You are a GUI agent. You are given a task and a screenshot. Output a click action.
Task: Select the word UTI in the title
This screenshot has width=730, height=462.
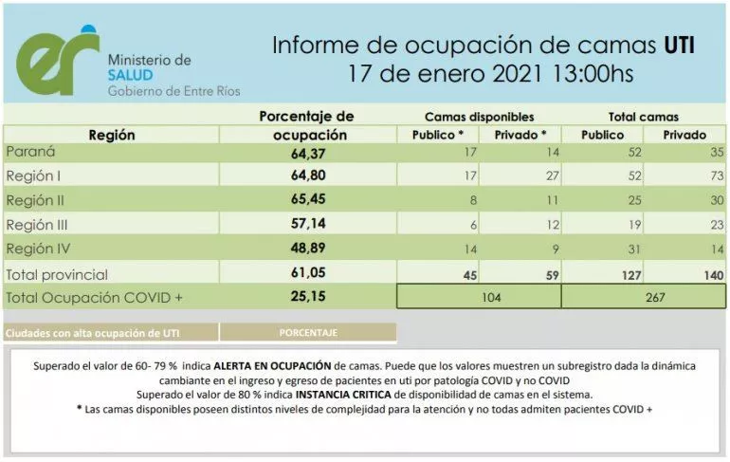[679, 44]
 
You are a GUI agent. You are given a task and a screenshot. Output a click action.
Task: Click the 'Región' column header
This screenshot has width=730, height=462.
[111, 135]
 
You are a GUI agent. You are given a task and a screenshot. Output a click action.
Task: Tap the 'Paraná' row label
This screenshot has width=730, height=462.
[30, 151]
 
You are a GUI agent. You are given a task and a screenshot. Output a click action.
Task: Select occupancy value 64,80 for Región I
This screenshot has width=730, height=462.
[307, 176]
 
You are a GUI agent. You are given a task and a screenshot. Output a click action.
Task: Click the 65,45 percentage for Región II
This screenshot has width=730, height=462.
[307, 200]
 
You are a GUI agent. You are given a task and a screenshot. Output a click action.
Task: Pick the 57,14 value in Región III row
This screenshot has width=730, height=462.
[307, 225]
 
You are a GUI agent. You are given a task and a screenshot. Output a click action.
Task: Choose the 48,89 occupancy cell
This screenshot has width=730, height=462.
[307, 249]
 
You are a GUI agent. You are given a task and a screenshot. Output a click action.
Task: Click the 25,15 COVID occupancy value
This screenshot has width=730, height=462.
[307, 297]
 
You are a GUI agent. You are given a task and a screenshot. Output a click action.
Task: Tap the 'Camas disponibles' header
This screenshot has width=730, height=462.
[478, 116]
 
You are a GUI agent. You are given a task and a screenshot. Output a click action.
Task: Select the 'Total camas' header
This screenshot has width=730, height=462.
[643, 116]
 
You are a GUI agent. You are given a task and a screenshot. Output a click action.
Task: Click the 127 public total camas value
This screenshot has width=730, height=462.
[622, 274]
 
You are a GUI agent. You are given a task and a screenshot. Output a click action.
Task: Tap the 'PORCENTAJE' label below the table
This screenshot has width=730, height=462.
[307, 333]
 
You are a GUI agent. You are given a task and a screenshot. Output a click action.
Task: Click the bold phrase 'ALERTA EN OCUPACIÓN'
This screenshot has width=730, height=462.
[272, 365]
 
